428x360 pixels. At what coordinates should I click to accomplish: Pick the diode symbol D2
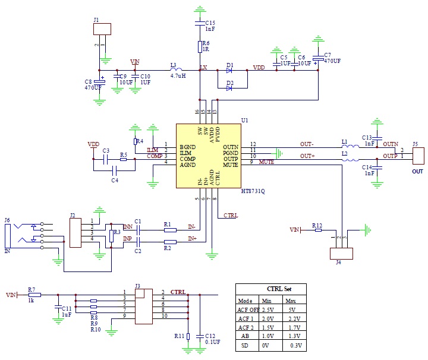click(229, 89)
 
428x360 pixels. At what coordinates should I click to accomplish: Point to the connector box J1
click(102, 29)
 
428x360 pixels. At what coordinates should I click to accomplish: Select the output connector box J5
click(418, 156)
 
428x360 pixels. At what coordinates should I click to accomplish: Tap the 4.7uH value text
click(178, 76)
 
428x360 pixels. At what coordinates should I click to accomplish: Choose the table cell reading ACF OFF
click(248, 310)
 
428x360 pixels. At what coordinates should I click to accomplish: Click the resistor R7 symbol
click(34, 294)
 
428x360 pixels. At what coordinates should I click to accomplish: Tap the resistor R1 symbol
click(170, 229)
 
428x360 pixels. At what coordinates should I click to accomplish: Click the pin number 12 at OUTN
click(253, 144)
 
